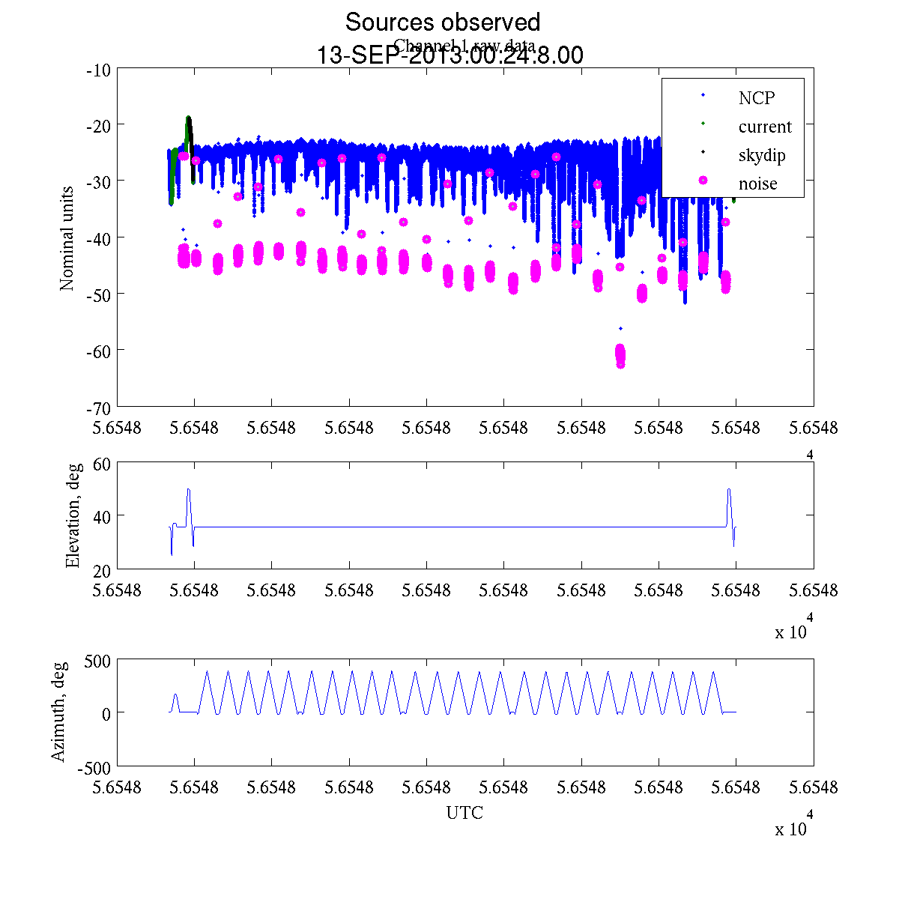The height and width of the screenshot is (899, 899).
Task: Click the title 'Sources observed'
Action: [442, 22]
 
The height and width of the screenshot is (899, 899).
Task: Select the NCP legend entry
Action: [756, 98]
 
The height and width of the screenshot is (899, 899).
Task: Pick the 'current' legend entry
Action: [764, 127]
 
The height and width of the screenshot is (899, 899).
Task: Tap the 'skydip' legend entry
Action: [761, 155]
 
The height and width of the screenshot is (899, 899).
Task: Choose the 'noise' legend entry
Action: [757, 184]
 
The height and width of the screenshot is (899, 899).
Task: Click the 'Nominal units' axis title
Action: [67, 238]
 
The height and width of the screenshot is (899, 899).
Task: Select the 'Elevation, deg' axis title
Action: [73, 515]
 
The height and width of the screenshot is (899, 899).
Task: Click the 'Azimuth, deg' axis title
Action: [58, 712]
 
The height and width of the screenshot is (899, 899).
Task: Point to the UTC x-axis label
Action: [464, 813]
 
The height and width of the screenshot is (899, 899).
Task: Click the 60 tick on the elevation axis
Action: [102, 464]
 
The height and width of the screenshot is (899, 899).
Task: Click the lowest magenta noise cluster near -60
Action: [620, 355]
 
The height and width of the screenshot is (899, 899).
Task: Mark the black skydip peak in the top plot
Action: [190, 120]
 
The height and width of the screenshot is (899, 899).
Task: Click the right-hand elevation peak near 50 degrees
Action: [729, 491]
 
